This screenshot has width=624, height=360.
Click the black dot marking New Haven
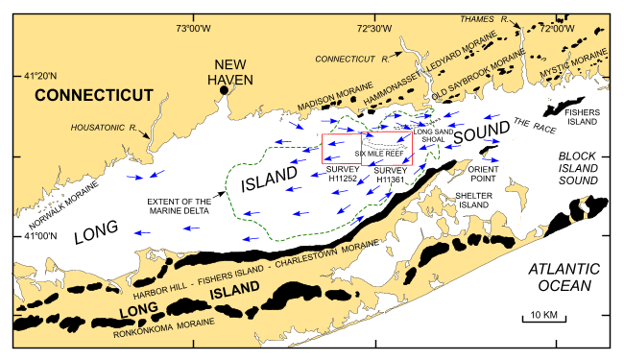click(x=223, y=89)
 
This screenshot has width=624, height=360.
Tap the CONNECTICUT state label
click(x=95, y=95)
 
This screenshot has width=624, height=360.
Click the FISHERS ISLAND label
click(x=582, y=117)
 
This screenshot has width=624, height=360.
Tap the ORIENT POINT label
click(x=490, y=174)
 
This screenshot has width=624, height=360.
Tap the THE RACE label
click(x=529, y=123)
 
